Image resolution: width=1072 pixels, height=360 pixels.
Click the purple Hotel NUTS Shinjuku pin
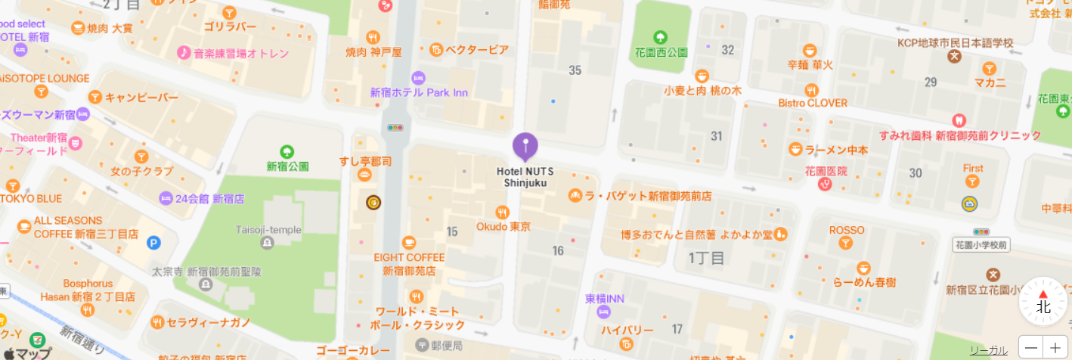[x=525, y=145]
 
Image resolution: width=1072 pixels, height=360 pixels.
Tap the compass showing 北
[x=1043, y=301]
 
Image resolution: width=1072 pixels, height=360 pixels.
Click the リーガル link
[x=989, y=350]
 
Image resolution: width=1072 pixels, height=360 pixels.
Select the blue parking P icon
[x=153, y=243]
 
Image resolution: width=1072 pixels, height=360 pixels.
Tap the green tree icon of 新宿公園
[x=287, y=151]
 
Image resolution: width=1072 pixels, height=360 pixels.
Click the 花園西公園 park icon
[x=661, y=37]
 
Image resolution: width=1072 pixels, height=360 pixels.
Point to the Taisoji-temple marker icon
[x=267, y=243]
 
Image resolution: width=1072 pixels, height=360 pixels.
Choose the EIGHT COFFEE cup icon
[x=409, y=243]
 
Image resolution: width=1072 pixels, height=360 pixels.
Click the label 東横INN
[x=605, y=299]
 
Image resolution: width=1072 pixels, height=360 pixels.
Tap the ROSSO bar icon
[x=847, y=244]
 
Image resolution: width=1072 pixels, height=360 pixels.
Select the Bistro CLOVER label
[x=813, y=103]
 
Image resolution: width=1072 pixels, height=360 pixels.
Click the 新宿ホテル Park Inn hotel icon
[x=419, y=78]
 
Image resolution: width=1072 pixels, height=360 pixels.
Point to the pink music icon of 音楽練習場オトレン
[x=183, y=53]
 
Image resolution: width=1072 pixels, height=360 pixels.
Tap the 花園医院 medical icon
[x=826, y=185]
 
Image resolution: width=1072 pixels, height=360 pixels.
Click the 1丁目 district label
[x=706, y=258]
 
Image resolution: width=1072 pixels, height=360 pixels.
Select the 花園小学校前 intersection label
[x=981, y=245]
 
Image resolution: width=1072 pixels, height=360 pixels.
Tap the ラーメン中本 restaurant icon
[x=795, y=149]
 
